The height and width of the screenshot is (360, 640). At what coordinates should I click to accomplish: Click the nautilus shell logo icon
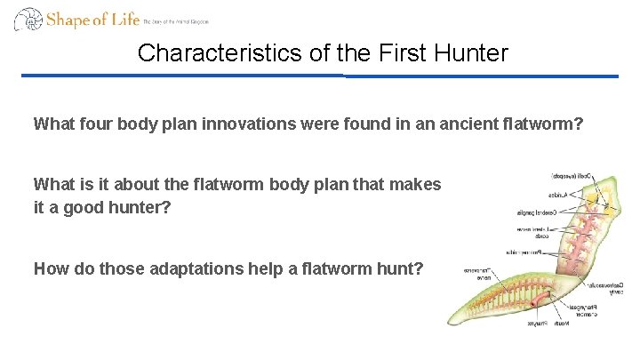pyautogui.click(x=28, y=20)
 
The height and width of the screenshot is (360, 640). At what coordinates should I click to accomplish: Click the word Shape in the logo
pyautogui.click(x=68, y=19)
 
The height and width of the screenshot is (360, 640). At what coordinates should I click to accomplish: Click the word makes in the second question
pyautogui.click(x=417, y=184)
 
